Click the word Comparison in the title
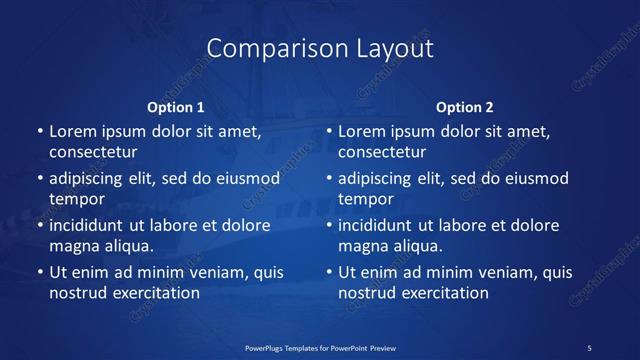point(265,49)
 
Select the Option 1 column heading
point(176,107)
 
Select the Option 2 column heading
point(465,107)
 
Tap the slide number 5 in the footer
point(590,347)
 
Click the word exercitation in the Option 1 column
point(155,293)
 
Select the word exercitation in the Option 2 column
point(444,293)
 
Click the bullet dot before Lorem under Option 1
point(40,132)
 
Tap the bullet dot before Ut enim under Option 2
point(329,272)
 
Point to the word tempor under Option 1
point(77,199)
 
